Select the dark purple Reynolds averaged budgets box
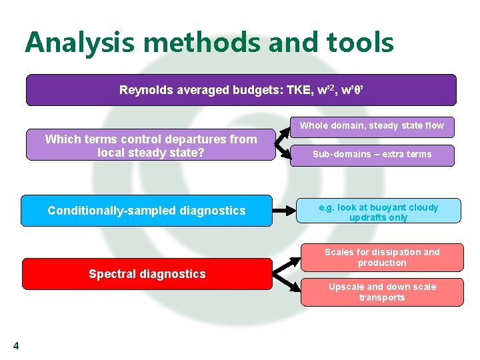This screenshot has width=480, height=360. [x=241, y=90]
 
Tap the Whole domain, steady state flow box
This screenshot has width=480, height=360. [x=371, y=125]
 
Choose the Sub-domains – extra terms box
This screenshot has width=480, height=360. [x=373, y=155]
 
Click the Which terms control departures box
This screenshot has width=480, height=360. [x=151, y=145]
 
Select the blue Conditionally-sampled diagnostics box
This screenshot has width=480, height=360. [x=147, y=211]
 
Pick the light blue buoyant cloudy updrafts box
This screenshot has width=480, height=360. [x=378, y=212]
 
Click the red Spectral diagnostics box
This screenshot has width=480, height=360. [x=147, y=274]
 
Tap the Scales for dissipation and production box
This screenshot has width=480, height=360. [x=382, y=257]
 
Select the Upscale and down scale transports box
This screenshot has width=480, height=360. [x=382, y=293]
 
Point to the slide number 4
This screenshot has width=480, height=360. [x=16, y=345]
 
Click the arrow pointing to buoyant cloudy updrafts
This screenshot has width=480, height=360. [x=285, y=211]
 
